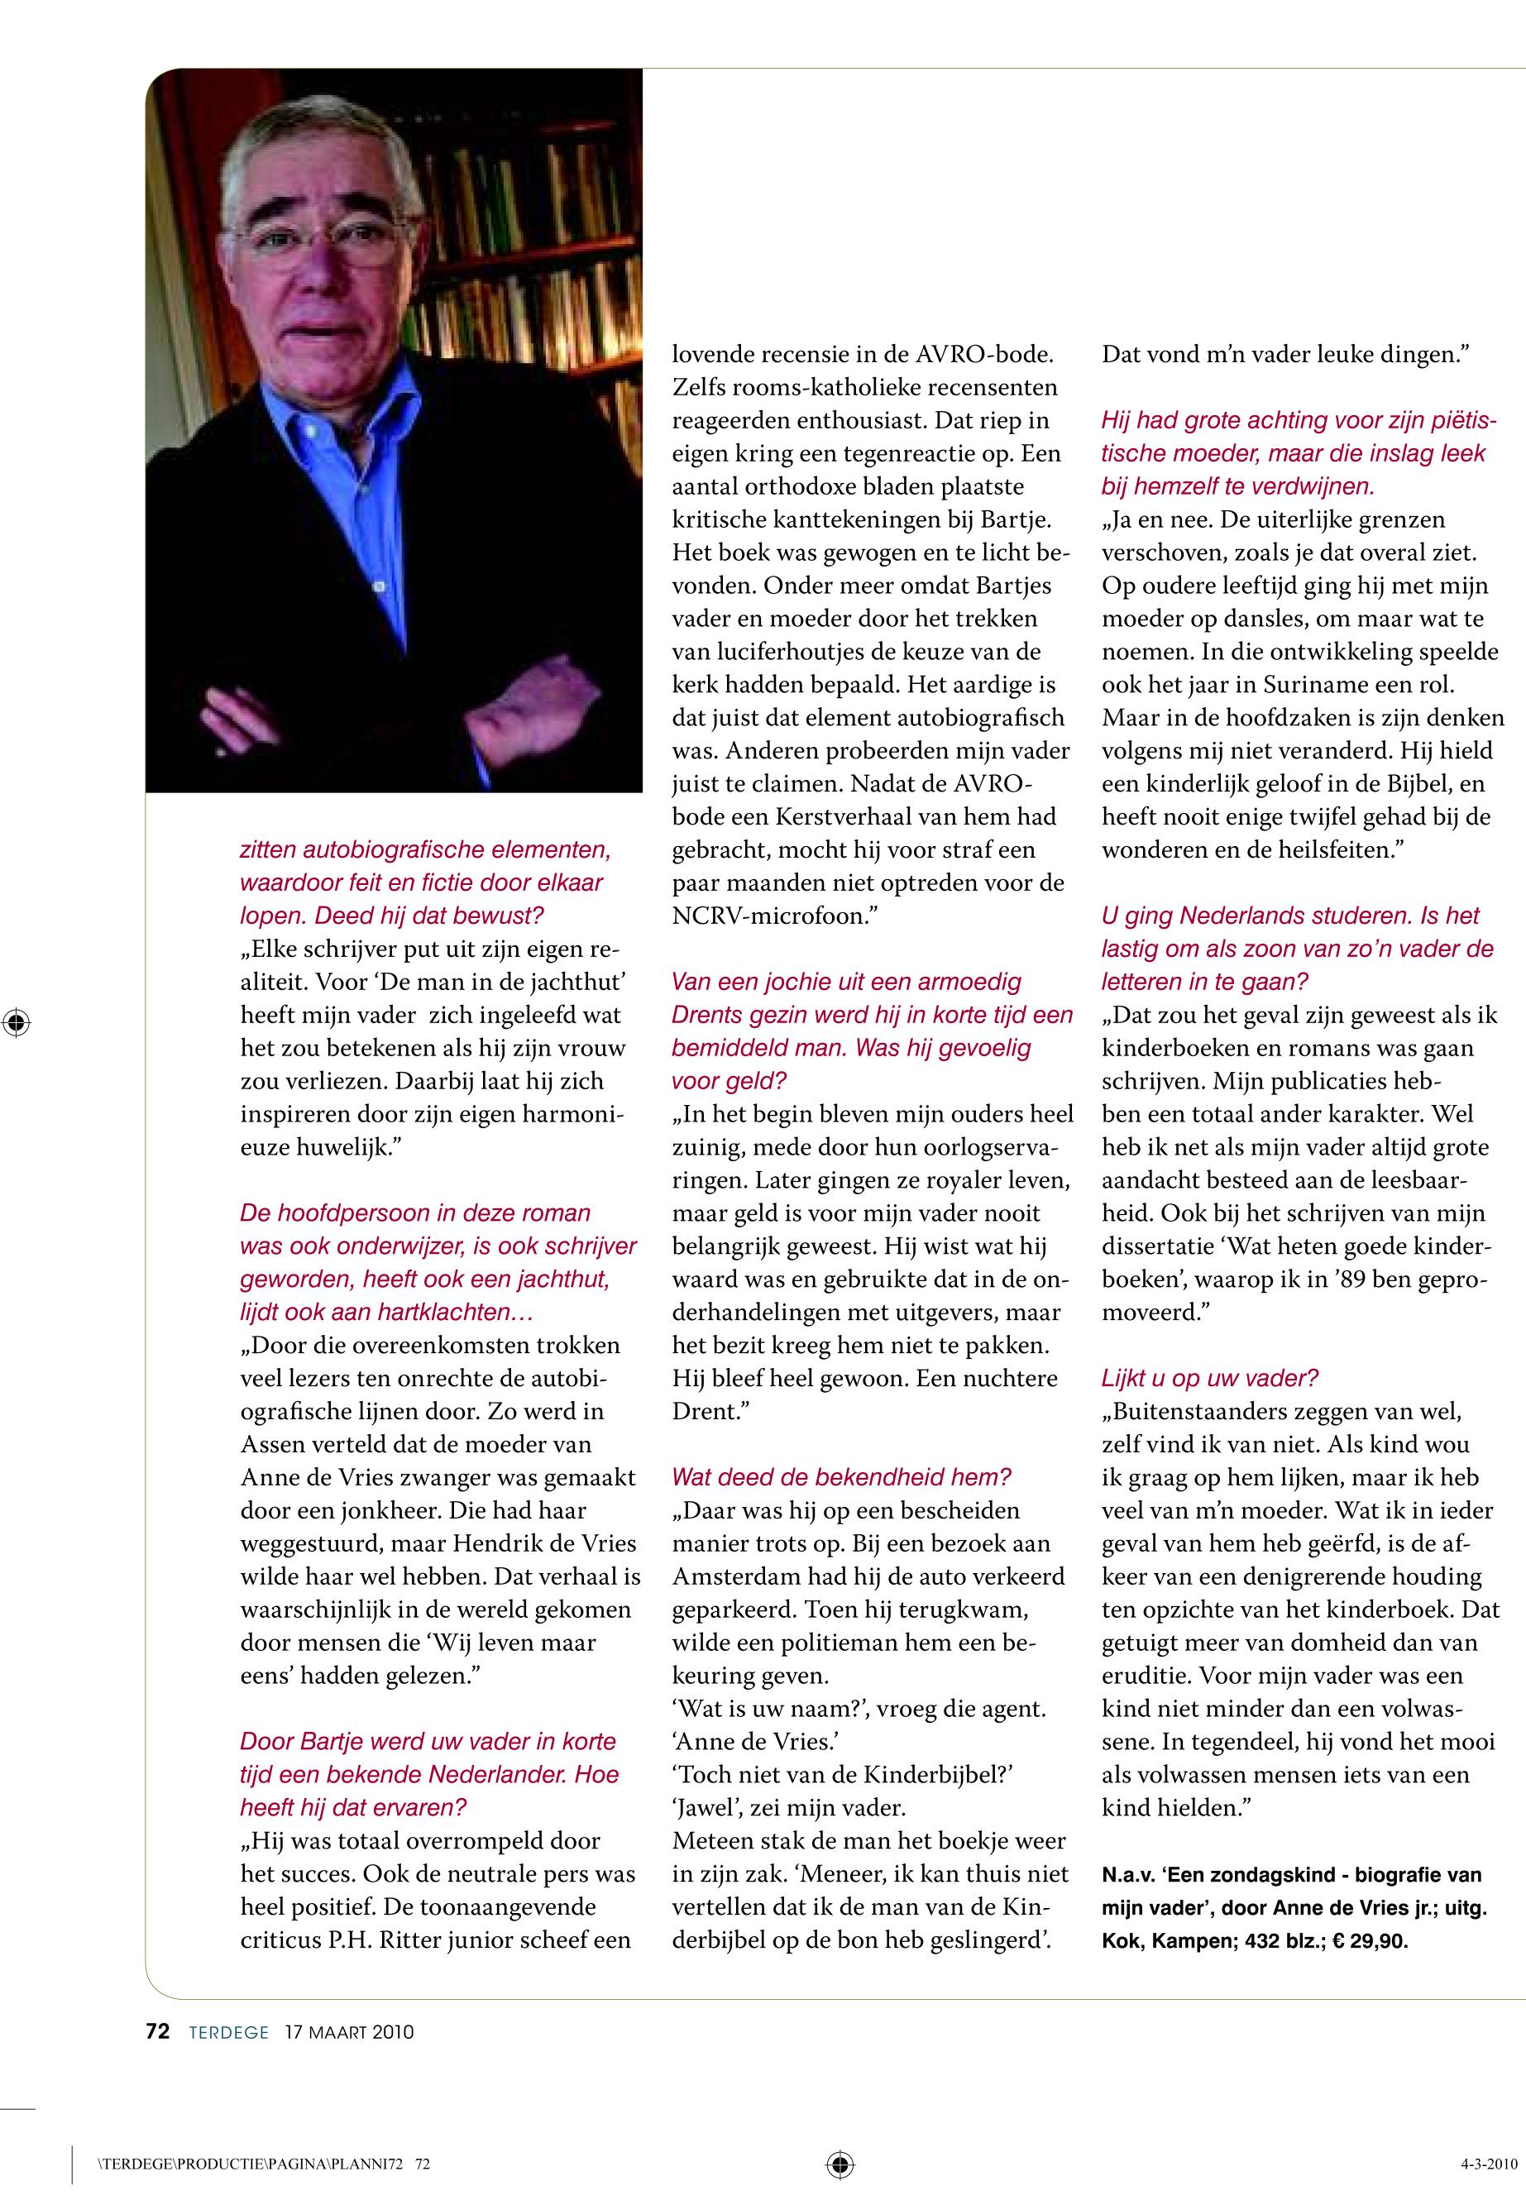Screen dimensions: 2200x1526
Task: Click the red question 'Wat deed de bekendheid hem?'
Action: click(x=841, y=1476)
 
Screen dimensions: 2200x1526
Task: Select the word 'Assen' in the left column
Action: click(x=272, y=1444)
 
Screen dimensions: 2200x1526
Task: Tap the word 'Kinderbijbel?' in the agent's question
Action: click(x=942, y=1775)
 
